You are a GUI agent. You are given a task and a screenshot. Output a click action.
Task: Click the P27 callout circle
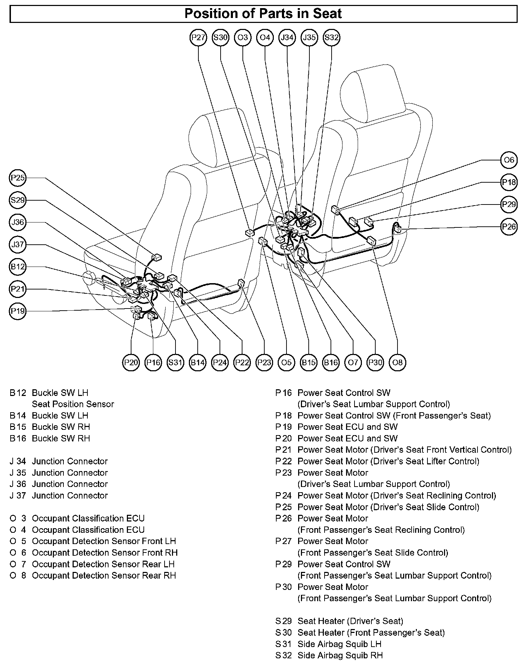click(x=198, y=37)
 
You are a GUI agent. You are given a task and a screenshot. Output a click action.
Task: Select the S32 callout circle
click(x=331, y=37)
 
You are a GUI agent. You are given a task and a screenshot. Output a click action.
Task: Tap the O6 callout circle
click(x=509, y=160)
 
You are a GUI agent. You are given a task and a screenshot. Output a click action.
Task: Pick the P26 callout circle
click(x=509, y=226)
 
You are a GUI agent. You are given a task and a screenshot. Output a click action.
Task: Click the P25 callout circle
click(x=18, y=178)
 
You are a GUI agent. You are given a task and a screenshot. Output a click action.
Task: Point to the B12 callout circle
click(x=18, y=267)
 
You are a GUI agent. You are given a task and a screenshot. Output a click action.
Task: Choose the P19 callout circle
click(x=18, y=311)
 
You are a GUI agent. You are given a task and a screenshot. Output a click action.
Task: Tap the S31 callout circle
click(x=175, y=362)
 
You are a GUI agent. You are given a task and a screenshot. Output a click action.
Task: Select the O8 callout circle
click(x=397, y=362)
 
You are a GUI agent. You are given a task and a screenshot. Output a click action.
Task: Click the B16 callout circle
click(x=331, y=362)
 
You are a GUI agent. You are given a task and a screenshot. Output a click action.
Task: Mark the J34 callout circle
click(x=287, y=37)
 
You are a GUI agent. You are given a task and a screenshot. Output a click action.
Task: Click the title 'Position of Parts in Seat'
click(x=263, y=14)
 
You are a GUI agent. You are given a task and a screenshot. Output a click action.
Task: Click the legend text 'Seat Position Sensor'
click(x=73, y=404)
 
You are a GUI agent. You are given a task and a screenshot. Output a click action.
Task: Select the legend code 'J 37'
click(x=18, y=495)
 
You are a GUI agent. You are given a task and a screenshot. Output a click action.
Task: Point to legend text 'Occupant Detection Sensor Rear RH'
click(x=104, y=575)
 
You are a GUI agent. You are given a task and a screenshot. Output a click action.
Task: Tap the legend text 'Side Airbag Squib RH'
click(x=340, y=655)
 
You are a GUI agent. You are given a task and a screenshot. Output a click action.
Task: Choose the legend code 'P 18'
click(x=284, y=415)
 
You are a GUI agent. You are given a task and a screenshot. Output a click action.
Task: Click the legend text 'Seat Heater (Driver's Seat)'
click(x=350, y=621)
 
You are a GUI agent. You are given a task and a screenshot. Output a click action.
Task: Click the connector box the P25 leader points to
click(x=156, y=258)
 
